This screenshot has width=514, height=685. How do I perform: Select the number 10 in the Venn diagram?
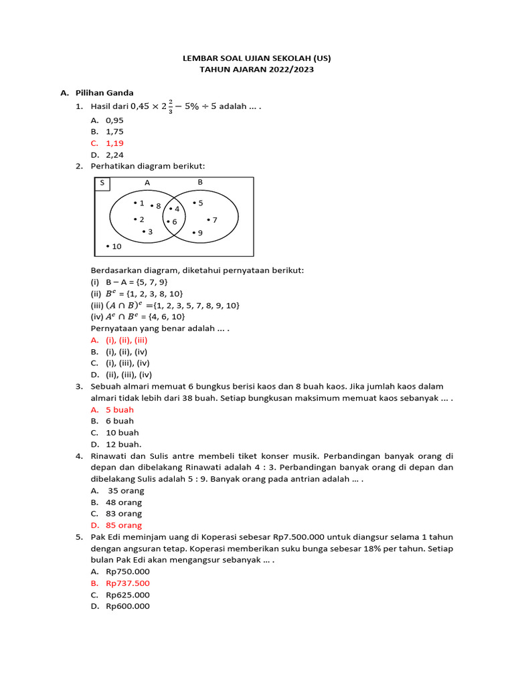click(x=116, y=247)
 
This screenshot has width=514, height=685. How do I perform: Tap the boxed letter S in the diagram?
click(x=102, y=183)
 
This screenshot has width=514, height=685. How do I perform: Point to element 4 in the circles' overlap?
click(x=177, y=209)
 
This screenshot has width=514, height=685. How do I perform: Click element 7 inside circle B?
click(x=214, y=219)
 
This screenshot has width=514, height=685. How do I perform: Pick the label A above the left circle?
click(x=147, y=182)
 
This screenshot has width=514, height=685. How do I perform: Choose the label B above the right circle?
click(x=199, y=182)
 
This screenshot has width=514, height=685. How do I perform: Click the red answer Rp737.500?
click(x=128, y=583)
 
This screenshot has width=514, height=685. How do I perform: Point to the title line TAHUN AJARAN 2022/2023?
click(x=256, y=70)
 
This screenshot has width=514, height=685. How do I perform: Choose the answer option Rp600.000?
click(x=128, y=606)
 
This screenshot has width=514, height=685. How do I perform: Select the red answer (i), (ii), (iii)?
click(x=126, y=340)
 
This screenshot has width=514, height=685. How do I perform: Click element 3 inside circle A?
click(x=150, y=231)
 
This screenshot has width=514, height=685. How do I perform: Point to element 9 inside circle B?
click(x=199, y=233)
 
